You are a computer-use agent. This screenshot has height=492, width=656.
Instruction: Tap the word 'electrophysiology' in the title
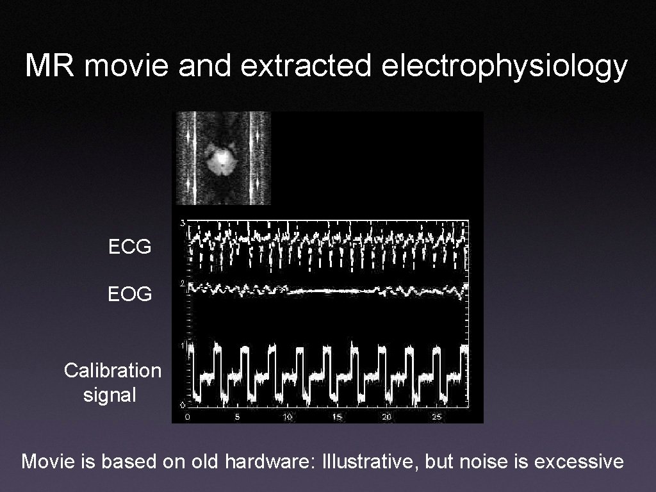coord(504,67)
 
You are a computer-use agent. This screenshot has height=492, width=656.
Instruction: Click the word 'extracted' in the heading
coord(306,66)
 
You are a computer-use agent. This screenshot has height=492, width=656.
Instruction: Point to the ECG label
coord(130,247)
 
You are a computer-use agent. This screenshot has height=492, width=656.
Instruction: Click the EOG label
coord(130,295)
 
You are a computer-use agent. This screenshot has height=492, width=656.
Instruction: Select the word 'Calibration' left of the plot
coord(113,370)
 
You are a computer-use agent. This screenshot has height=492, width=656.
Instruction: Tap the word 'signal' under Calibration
coord(110,395)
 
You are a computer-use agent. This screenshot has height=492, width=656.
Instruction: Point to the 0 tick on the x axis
coord(187,417)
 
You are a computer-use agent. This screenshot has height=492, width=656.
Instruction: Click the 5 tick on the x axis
coord(238,417)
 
